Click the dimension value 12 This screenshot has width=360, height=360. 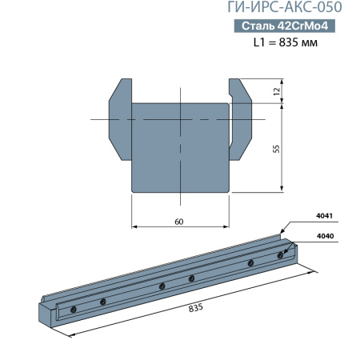point(276,91)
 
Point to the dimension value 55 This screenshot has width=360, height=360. point(276,147)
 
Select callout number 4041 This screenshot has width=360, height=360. point(324,216)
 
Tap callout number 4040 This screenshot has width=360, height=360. point(324,236)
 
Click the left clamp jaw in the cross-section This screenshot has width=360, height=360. point(118,120)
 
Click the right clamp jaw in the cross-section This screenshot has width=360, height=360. point(242,120)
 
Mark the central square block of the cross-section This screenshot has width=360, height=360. point(180,148)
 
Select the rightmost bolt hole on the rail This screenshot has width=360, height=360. point(279,255)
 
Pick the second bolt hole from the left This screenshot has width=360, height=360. point(102,301)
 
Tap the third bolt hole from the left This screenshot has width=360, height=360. point(162,286)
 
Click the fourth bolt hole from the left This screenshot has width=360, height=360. point(191,278)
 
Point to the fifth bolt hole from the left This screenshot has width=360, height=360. point(250,262)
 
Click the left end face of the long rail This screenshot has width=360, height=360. point(50,316)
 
